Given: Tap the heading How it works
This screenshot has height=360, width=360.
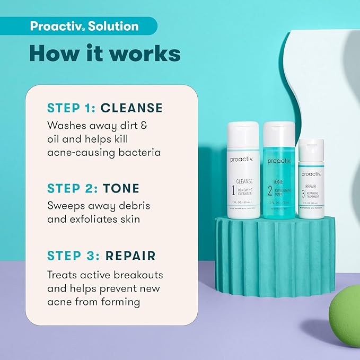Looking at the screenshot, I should coord(104,54).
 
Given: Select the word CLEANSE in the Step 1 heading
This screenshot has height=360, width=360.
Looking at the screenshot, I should coord(131,108).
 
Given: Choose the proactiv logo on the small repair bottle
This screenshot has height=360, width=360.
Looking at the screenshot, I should coord(311,174).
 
